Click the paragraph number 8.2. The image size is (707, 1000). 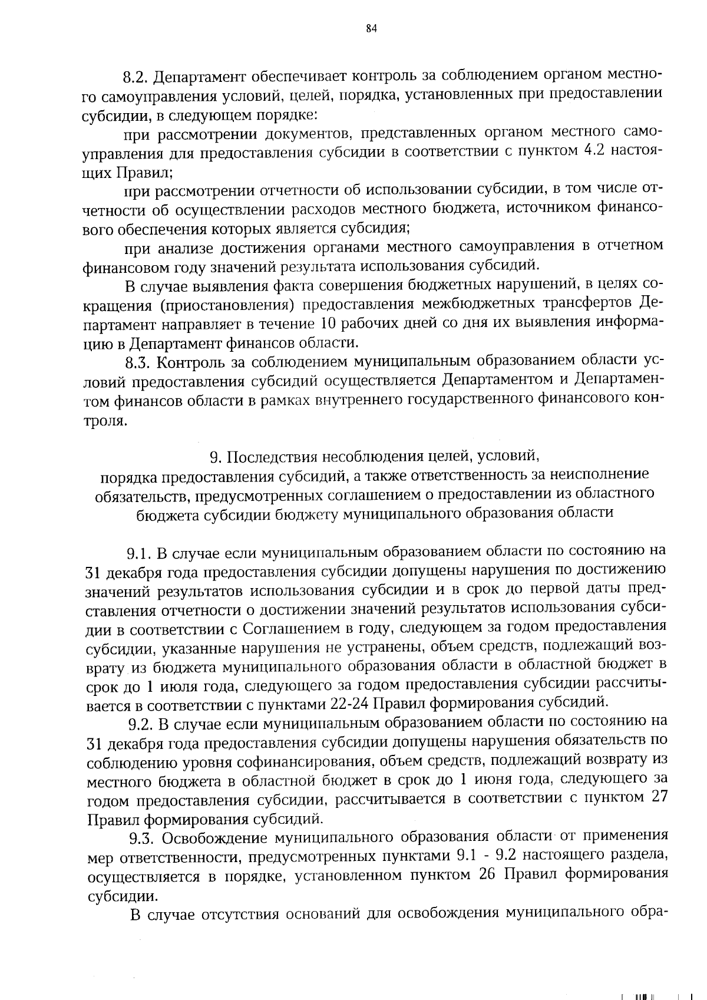click(x=138, y=77)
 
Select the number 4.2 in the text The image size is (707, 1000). click(x=597, y=151)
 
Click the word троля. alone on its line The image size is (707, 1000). click(x=105, y=421)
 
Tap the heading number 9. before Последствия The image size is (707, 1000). click(x=216, y=458)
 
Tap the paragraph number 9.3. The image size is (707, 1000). click(x=141, y=837)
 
